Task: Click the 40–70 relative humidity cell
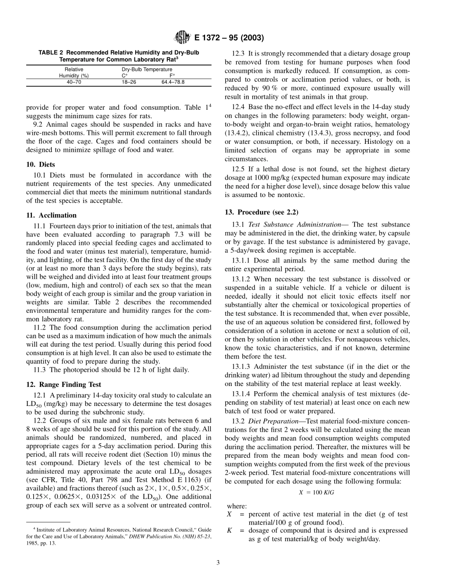(74, 82)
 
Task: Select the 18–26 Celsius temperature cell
(129, 82)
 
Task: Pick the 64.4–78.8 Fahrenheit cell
(173, 82)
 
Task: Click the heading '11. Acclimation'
(51, 215)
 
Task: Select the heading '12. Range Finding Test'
(63, 385)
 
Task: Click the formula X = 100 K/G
(317, 493)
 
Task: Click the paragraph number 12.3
(238, 54)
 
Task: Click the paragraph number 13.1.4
(242, 394)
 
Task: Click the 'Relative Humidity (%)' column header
(74, 72)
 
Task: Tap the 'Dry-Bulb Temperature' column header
(147, 69)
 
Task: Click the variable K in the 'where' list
(230, 530)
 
